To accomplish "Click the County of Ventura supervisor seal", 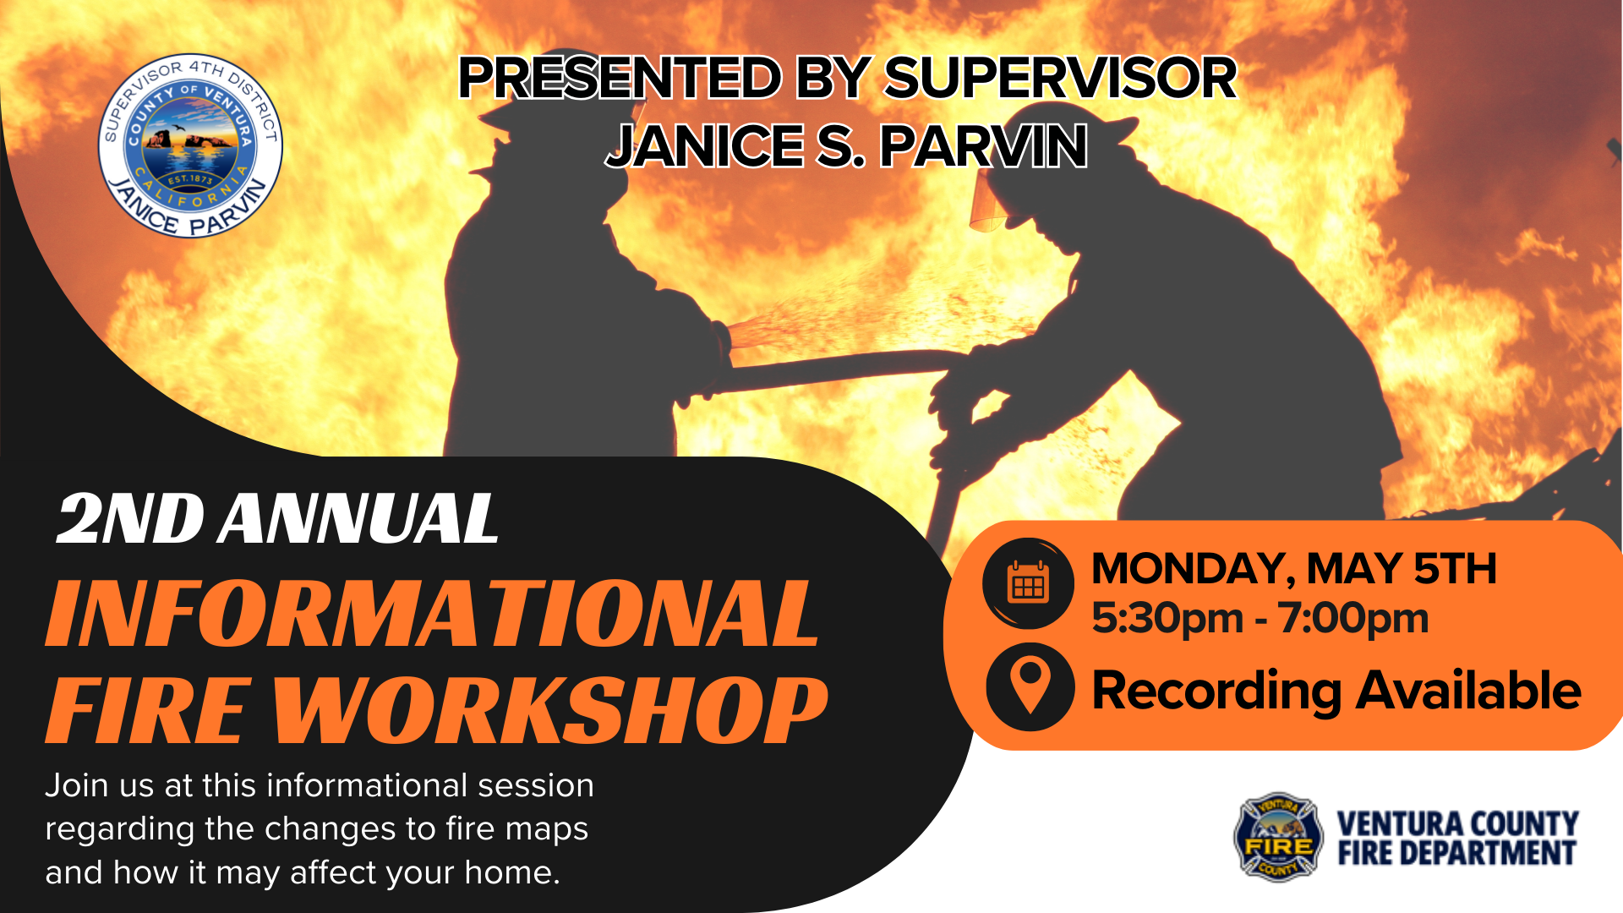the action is coord(190,146).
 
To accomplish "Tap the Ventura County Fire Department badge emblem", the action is coord(1278,837).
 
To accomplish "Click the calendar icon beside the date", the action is coord(1028,583).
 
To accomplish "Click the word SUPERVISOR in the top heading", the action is coord(1060,79).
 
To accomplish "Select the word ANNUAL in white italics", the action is coord(358,518).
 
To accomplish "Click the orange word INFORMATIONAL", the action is coord(432,614).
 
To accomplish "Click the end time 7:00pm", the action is coord(1352,618).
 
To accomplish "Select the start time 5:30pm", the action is coord(1167,618).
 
